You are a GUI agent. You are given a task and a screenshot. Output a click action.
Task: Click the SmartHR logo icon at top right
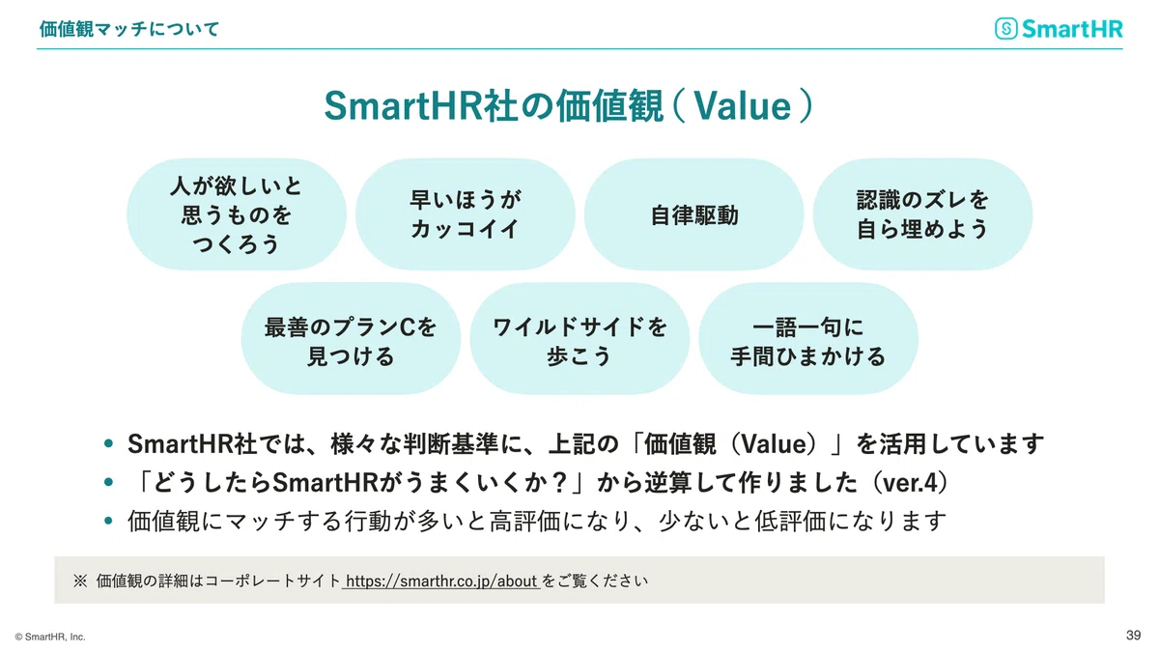[x=1006, y=28]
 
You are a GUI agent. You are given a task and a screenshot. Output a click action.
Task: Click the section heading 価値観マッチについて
[x=129, y=29]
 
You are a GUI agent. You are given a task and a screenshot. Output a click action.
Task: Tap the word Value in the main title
[x=743, y=106]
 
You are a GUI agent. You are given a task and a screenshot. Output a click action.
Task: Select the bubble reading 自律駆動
[x=693, y=214]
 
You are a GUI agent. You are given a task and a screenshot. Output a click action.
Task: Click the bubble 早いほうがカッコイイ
[x=466, y=214]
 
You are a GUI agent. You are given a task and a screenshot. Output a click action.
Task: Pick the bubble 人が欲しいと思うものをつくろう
[x=237, y=214]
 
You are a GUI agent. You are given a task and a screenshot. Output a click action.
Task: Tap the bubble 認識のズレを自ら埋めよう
[x=922, y=214]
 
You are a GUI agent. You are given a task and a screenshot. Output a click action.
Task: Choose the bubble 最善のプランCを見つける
[x=351, y=338]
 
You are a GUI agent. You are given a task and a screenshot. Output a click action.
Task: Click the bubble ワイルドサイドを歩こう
[x=579, y=338]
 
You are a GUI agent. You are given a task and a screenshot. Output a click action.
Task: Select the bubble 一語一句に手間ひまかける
[x=808, y=338]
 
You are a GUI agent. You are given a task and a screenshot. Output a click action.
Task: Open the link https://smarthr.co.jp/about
[x=441, y=581]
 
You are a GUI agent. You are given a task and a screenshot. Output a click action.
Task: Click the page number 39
[x=1133, y=635]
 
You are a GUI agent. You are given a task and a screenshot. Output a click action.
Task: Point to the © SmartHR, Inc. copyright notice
[x=50, y=637]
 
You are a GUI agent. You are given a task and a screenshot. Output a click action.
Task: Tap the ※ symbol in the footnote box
[x=80, y=581]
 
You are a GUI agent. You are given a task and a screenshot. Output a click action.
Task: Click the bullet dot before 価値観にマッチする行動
[x=108, y=521]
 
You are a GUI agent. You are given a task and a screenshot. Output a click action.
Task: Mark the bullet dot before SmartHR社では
[x=108, y=443]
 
